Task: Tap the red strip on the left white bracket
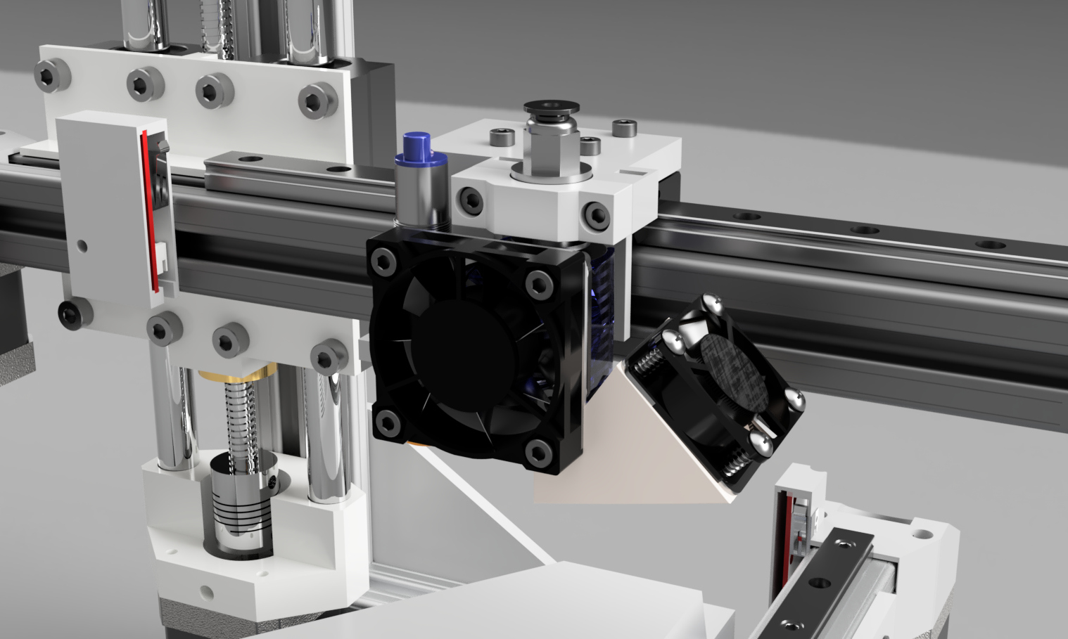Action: tap(147, 211)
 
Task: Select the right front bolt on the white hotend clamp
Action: tap(597, 215)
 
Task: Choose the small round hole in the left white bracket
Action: tap(82, 245)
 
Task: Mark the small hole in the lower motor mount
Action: tap(205, 592)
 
